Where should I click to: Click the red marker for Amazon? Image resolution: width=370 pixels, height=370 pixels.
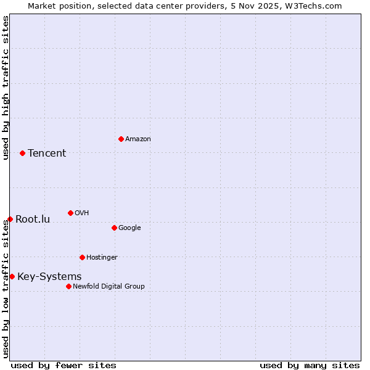121,139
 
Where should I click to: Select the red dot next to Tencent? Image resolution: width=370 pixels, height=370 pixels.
22,153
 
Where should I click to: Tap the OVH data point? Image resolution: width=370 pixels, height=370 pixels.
70,213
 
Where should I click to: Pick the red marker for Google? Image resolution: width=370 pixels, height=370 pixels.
114,228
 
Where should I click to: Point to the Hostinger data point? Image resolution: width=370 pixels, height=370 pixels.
82,257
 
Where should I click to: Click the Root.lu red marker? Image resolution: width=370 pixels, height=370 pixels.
10,219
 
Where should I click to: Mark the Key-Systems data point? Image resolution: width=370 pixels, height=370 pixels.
12,276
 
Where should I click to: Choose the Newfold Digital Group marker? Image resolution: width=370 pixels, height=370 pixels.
68,286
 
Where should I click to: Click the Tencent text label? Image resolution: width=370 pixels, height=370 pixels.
47,153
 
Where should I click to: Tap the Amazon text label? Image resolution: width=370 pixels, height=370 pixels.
138,139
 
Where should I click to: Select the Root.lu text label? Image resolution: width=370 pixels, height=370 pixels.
33,219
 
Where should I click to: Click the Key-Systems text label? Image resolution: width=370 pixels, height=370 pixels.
49,276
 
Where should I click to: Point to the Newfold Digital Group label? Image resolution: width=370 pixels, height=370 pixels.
109,286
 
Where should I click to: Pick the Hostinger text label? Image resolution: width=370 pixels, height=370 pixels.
102,257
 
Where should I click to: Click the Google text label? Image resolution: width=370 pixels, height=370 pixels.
129,228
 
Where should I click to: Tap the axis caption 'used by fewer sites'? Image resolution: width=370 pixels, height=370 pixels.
64,365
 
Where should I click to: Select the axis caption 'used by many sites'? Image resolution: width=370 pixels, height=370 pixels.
310,365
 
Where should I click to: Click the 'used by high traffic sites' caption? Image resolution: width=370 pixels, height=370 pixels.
6,88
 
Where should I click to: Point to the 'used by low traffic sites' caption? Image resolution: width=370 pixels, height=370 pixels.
6,289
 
